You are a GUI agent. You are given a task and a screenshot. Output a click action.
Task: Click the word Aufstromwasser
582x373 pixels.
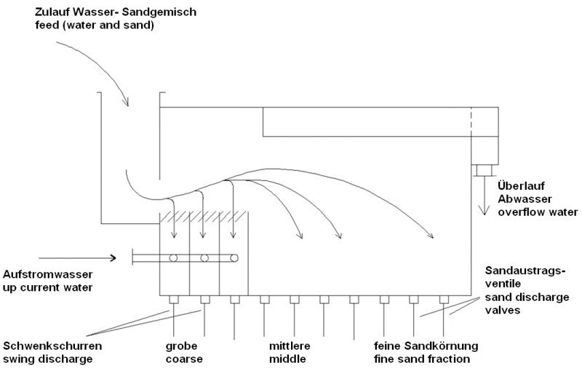click(47, 274)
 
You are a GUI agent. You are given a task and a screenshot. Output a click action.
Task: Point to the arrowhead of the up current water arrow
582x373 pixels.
click(113, 257)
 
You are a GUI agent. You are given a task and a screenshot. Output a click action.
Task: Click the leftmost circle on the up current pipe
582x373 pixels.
click(173, 258)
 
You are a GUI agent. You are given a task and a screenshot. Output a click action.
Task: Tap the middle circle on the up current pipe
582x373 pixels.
click(204, 258)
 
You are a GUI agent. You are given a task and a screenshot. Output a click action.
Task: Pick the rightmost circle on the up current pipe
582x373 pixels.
click(234, 258)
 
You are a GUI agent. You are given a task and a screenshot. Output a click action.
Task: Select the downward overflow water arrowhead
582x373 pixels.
click(484, 210)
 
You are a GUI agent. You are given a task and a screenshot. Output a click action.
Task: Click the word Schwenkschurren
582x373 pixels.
click(52, 346)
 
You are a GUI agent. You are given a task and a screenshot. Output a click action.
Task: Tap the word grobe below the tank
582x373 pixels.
click(181, 346)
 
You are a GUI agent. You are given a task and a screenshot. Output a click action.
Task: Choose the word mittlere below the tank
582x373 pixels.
click(290, 346)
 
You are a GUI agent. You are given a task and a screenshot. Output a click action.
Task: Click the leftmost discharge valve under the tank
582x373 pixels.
click(174, 300)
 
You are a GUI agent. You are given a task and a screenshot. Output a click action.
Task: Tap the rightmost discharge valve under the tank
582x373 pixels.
click(444, 300)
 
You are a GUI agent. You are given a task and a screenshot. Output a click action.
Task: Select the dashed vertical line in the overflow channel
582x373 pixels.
click(471, 121)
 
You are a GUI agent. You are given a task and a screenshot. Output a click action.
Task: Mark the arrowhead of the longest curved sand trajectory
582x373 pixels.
click(431, 236)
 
